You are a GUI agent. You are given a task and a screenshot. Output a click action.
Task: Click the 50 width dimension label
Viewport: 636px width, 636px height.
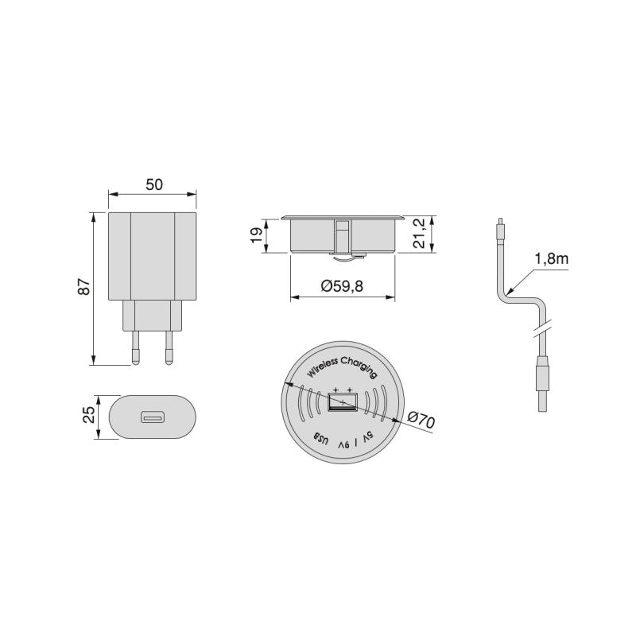coord(153,184)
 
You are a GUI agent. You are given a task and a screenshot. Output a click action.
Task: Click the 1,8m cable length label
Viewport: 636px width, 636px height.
coord(550,258)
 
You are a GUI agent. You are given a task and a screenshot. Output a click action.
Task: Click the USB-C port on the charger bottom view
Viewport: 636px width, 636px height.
coord(153,417)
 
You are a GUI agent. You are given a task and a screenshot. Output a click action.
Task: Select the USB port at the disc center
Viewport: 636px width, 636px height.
coord(343,404)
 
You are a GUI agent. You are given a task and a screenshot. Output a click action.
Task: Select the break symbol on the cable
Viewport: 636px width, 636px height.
coord(540,328)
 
